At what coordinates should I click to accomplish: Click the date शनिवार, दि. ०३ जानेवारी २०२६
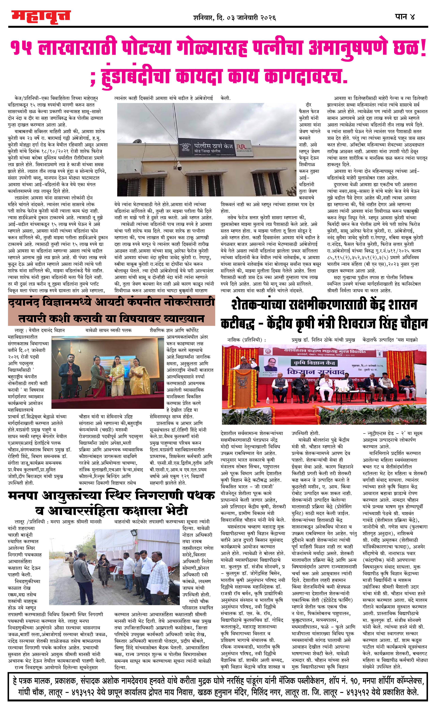pyautogui.click(x=234, y=18)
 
